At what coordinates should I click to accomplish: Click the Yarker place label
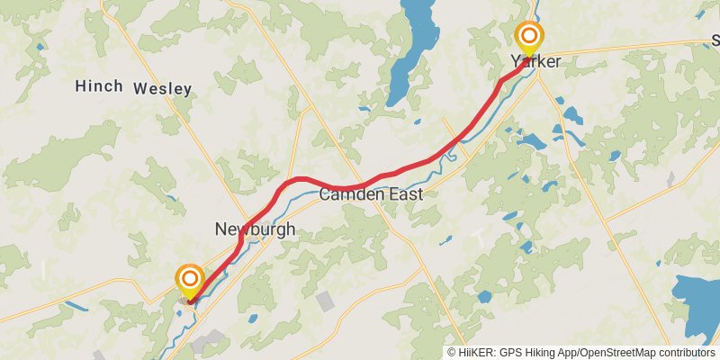[535, 62]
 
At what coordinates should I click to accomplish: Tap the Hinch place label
[99, 86]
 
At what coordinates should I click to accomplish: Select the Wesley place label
[162, 88]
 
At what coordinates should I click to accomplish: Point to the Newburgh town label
[255, 229]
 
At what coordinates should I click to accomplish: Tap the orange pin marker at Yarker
[529, 38]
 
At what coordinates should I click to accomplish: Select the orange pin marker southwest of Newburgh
[190, 279]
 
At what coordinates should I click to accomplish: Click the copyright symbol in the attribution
[452, 353]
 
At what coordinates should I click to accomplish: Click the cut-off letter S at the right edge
[715, 40]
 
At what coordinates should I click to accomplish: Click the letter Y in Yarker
[516, 62]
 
